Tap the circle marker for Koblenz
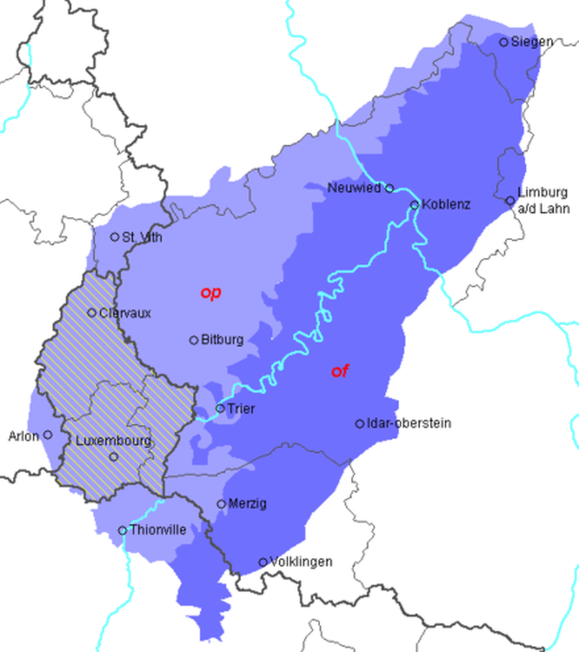point(414,205)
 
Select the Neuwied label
point(354,188)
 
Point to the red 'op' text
point(210,293)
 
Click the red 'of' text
point(340,371)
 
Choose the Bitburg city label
point(223,340)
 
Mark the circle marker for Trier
point(220,409)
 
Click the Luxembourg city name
point(113,441)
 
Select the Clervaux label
point(125,313)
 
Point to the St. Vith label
point(142,237)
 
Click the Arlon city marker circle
point(48,434)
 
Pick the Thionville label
point(157,530)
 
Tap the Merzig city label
point(248,504)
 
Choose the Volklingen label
point(301,562)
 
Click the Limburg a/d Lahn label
point(543,201)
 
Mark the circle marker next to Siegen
point(504,42)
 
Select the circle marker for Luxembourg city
point(114,457)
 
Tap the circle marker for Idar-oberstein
point(360,424)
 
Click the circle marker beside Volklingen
point(263,562)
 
